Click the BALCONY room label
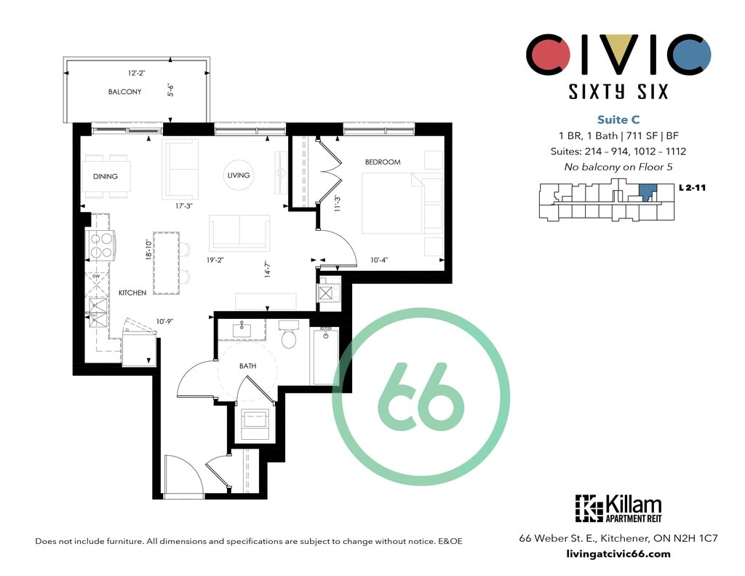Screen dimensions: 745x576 124,92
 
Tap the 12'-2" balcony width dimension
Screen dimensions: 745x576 136,74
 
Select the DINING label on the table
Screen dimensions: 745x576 105,176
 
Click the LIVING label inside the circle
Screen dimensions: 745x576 239,175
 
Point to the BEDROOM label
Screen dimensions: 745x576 383,162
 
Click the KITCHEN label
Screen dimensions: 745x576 132,293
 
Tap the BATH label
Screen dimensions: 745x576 247,366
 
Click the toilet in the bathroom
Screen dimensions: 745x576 288,335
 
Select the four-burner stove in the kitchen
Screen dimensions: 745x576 101,245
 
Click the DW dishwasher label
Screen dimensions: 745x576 96,276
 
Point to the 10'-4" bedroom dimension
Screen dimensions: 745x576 379,260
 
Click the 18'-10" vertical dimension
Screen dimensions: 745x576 148,250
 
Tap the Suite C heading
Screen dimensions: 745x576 618,120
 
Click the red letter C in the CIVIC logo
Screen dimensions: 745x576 548,54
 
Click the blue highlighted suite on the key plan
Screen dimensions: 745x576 648,192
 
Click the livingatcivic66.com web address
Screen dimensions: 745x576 618,553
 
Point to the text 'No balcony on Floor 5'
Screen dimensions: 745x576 618,167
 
